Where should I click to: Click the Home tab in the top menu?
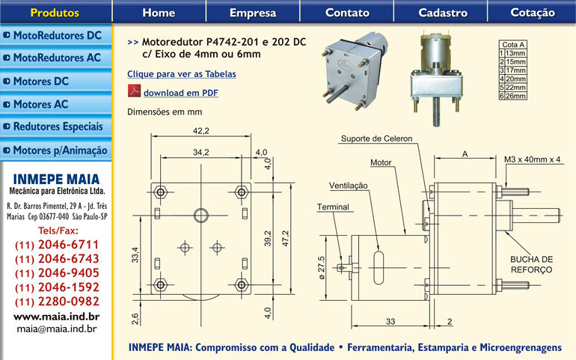(x=159, y=13)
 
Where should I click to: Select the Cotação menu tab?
(x=533, y=13)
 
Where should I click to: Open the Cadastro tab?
(x=443, y=13)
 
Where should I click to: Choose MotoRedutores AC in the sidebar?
(x=57, y=58)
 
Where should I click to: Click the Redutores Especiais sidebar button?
(x=57, y=127)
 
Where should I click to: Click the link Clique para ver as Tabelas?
(x=181, y=74)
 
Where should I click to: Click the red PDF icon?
(x=134, y=92)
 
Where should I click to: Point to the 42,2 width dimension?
(x=200, y=131)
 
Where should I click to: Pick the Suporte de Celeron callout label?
(x=376, y=139)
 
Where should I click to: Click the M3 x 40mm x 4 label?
(x=533, y=159)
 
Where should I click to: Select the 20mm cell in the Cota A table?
(x=515, y=79)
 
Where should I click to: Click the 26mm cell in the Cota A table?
(x=515, y=97)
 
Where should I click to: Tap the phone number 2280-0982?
(x=58, y=302)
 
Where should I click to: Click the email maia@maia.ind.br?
(x=57, y=328)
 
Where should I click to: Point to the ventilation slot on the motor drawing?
(x=379, y=266)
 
